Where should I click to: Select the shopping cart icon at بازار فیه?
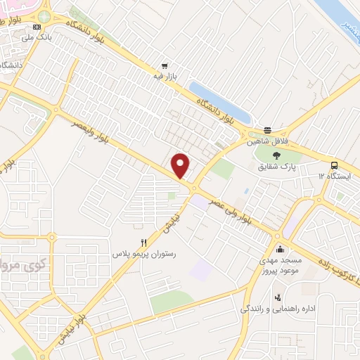coord(165,61)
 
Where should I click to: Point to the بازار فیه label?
coord(165,72)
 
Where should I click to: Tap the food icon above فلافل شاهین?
coord(267,130)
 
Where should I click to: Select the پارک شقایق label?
coord(275,167)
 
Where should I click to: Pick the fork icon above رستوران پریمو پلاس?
coord(144,241)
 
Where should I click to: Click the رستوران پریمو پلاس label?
coord(143,252)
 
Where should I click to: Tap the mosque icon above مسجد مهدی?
coord(280,249)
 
